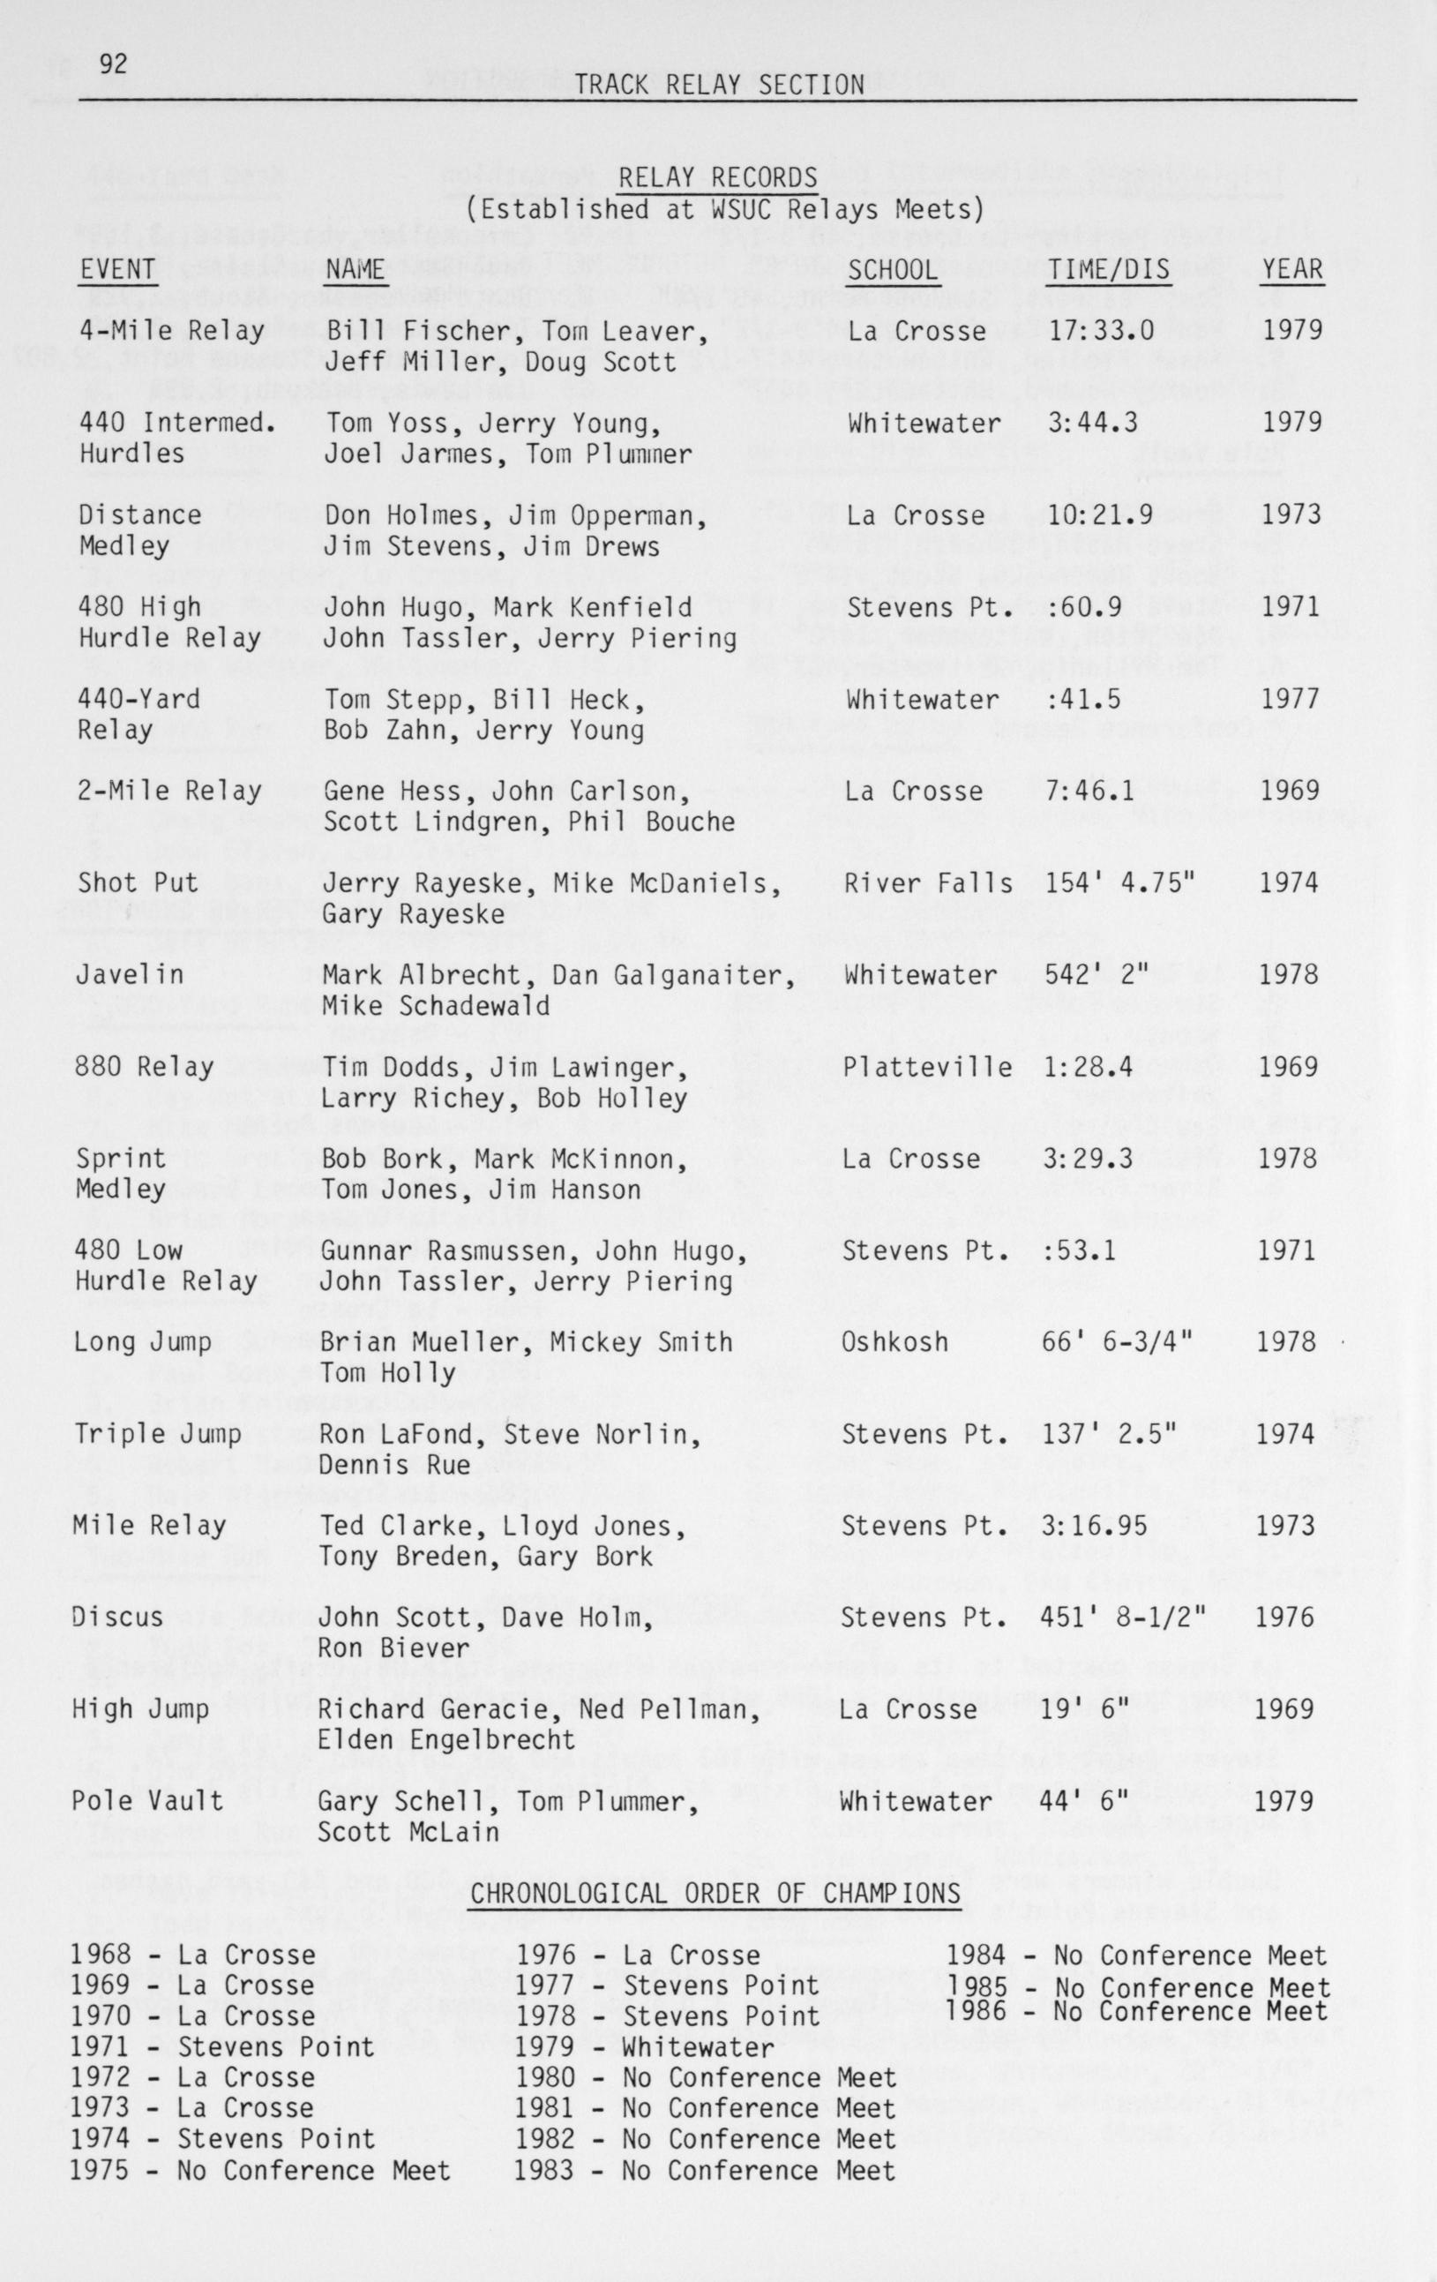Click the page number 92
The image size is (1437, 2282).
coord(113,64)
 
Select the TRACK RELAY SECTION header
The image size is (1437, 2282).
coord(719,86)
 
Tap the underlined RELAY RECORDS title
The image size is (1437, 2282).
coord(718,177)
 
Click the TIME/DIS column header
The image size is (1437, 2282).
coord(1108,270)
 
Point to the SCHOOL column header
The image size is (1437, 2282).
coord(893,270)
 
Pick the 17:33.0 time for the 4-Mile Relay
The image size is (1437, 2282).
coord(1100,331)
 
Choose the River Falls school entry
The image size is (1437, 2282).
coord(927,883)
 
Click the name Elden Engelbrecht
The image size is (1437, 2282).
coord(446,1740)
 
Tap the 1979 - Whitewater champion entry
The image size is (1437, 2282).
coord(644,2048)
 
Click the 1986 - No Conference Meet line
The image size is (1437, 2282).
coord(1137,2012)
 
